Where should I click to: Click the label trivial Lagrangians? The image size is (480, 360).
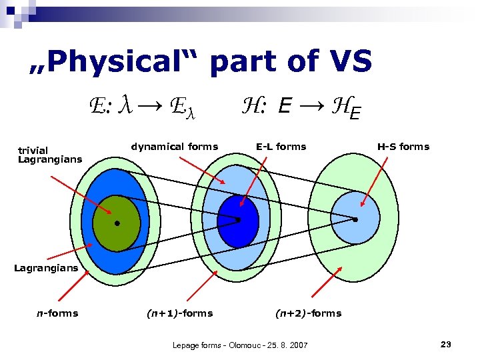pos(50,155)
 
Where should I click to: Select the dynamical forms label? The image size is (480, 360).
pos(174,147)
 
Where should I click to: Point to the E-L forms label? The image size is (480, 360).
pos(281,147)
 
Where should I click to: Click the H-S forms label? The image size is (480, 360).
pos(403,147)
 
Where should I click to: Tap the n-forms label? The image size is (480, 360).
pos(57,313)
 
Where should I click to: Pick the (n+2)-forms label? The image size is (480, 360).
pos(308,313)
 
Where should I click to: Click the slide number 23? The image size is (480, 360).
pos(446,344)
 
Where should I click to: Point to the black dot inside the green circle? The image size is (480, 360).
pos(116,223)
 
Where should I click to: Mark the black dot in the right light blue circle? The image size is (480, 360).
pos(355,219)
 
